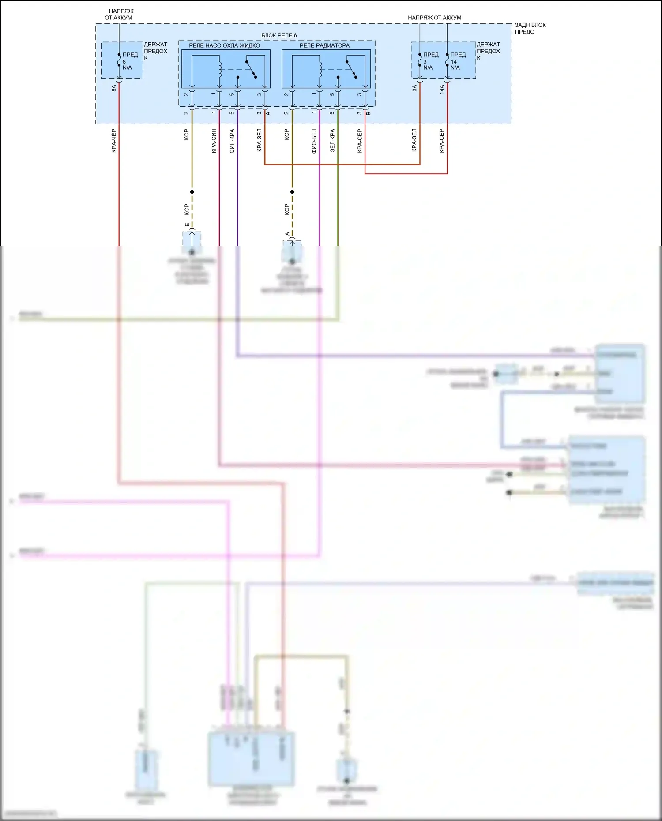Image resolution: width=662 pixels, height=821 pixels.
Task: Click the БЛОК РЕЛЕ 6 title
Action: pyautogui.click(x=279, y=35)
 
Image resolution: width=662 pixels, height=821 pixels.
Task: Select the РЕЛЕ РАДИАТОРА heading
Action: pyautogui.click(x=324, y=45)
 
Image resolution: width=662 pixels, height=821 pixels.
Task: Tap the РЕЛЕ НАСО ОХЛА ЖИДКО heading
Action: pyautogui.click(x=224, y=45)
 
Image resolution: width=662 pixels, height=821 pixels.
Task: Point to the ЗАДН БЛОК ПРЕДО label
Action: pyautogui.click(x=530, y=28)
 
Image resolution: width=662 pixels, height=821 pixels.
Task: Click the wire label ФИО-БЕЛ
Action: pyautogui.click(x=314, y=141)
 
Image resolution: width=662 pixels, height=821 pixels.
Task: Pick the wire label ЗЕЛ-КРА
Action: pyautogui.click(x=332, y=141)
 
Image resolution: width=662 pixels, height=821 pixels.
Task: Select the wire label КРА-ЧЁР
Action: pyautogui.click(x=114, y=141)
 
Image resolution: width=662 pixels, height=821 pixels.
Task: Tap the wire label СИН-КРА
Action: pyautogui.click(x=232, y=141)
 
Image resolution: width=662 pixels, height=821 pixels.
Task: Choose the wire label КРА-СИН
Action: pyautogui.click(x=214, y=141)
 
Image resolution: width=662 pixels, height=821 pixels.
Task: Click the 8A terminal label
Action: pyautogui.click(x=114, y=88)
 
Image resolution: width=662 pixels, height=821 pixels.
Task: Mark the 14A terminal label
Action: pyautogui.click(x=442, y=90)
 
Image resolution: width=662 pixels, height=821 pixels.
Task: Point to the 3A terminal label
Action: pyautogui.click(x=414, y=88)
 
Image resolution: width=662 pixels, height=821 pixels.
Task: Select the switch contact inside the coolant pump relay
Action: pyautogui.click(x=252, y=69)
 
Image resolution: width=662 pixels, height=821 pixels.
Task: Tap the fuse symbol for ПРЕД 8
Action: pyautogui.click(x=119, y=60)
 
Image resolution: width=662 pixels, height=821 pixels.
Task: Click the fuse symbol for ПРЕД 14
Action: pyautogui.click(x=447, y=60)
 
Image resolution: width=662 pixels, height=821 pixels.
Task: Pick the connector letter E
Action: pyautogui.click(x=187, y=225)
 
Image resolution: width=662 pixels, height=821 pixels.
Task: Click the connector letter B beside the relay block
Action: pyautogui.click(x=369, y=113)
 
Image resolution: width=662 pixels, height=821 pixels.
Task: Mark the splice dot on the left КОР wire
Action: pyautogui.click(x=192, y=192)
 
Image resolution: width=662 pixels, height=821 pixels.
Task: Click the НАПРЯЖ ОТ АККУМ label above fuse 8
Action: pyautogui.click(x=119, y=14)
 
